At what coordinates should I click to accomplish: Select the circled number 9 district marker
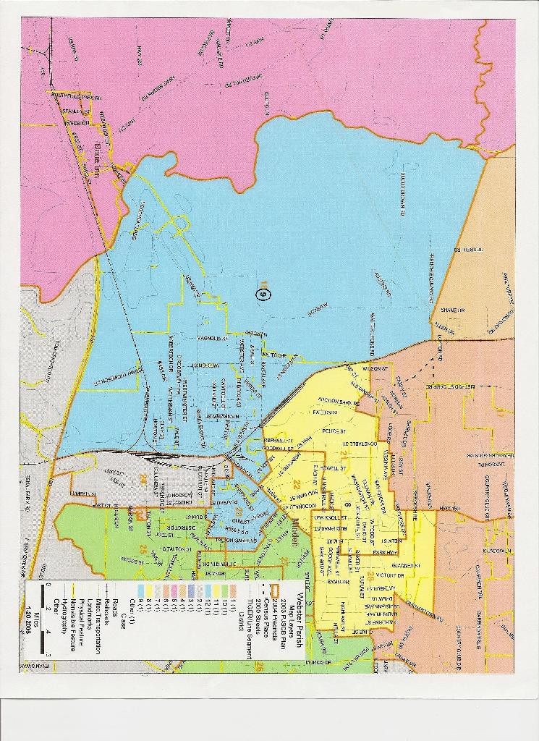point(262,294)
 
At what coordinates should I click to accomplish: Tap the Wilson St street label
point(375,368)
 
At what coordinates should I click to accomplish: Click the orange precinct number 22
point(296,483)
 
